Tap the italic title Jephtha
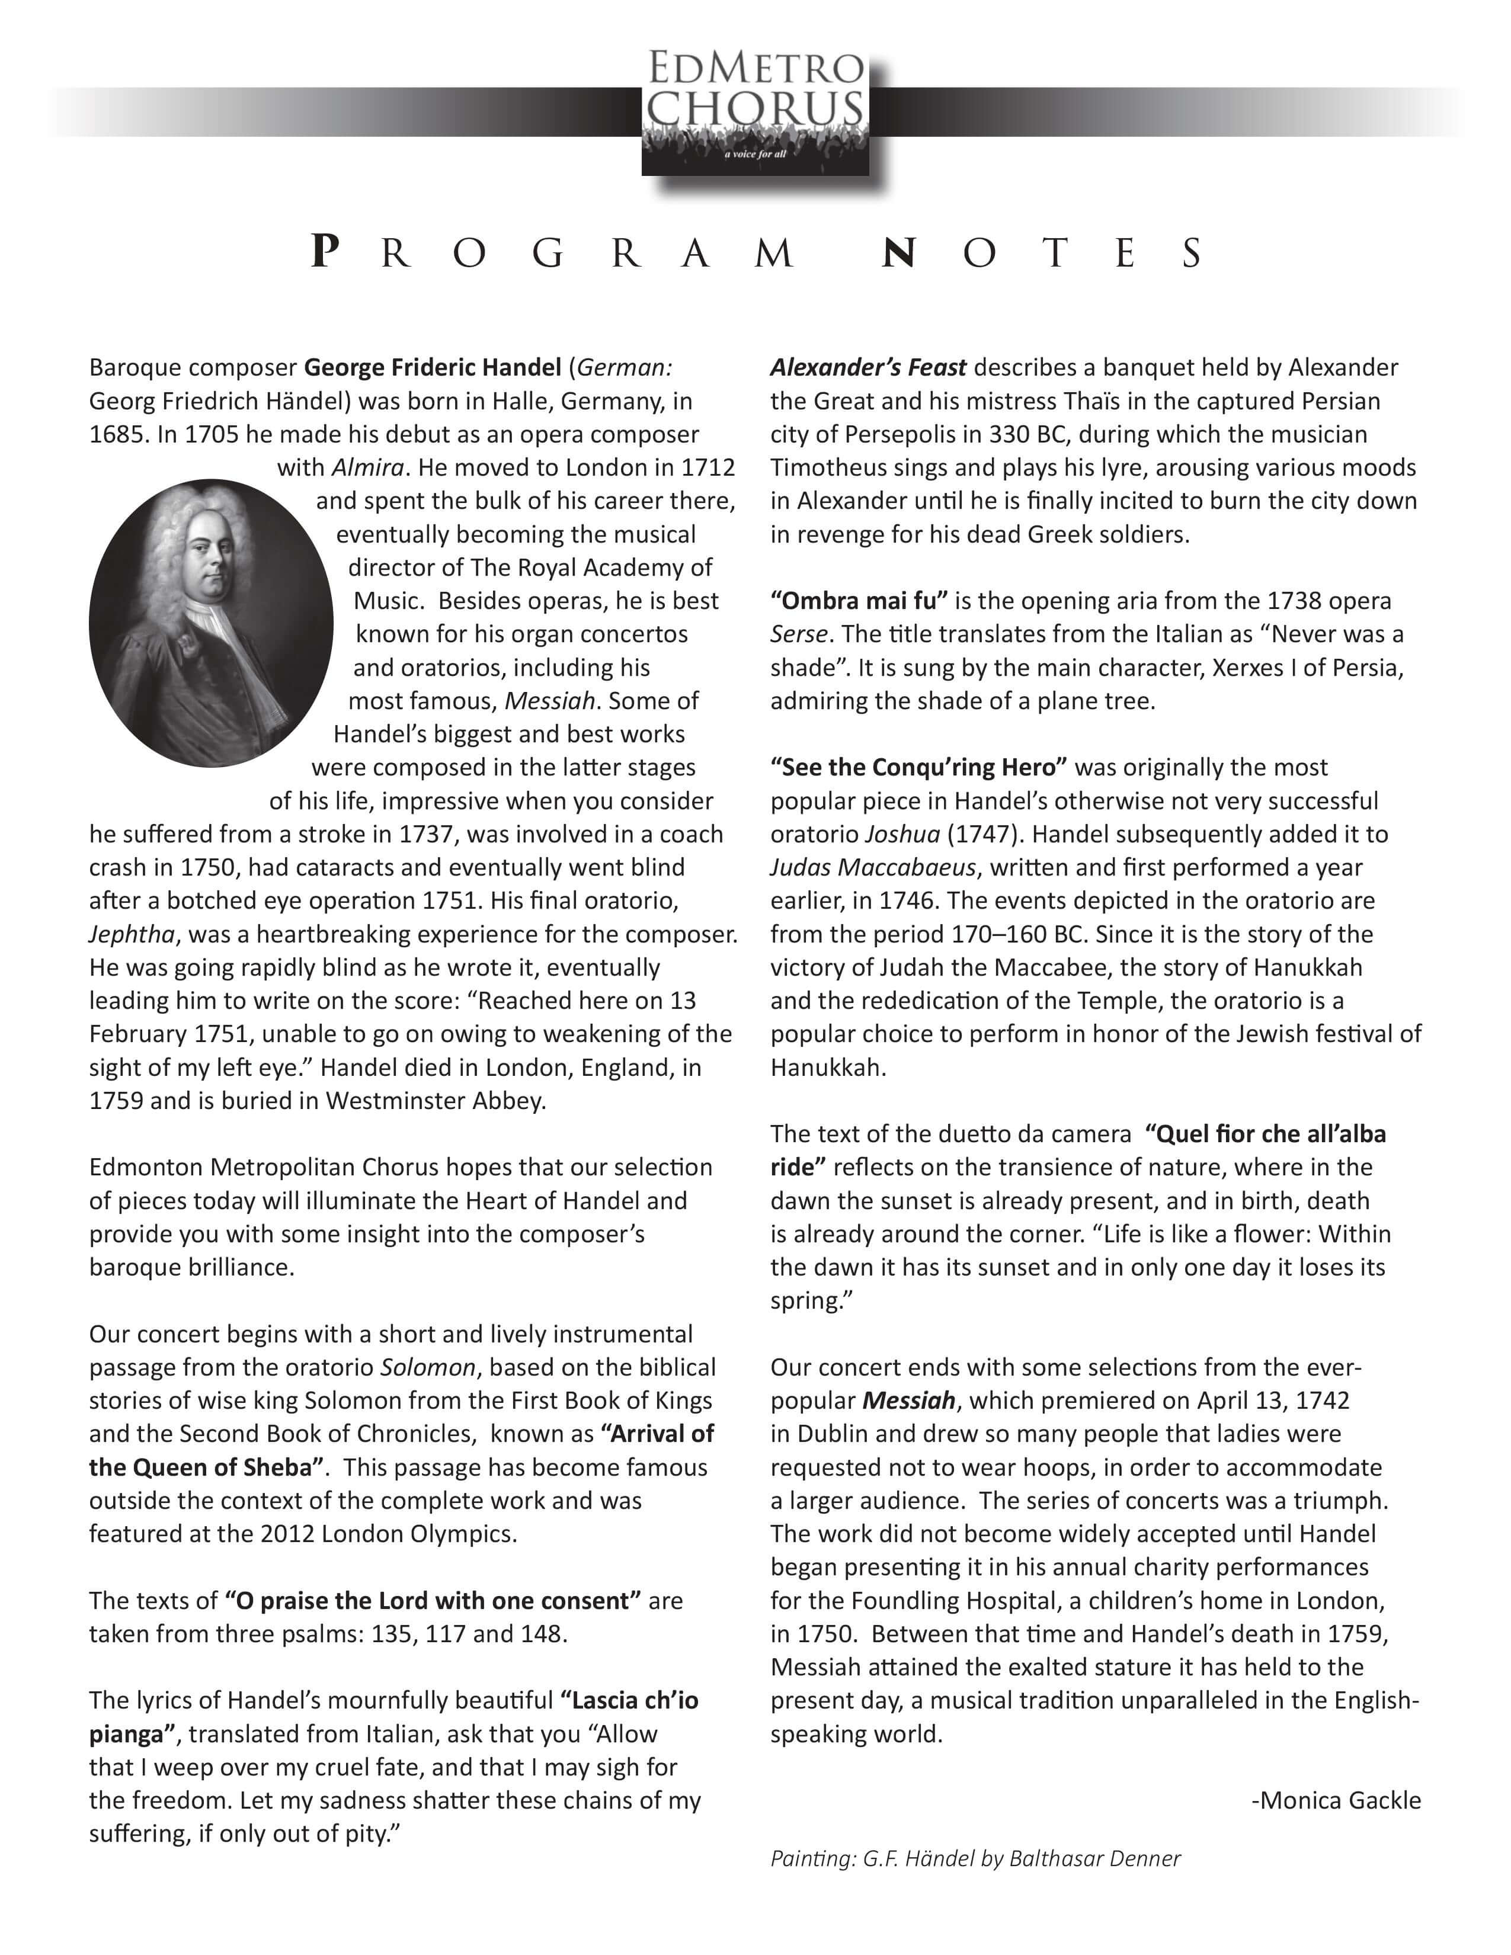(132, 934)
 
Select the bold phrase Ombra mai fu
(859, 601)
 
